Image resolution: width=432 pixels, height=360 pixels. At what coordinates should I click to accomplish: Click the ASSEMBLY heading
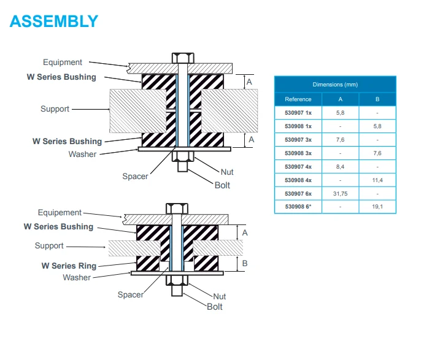(54, 21)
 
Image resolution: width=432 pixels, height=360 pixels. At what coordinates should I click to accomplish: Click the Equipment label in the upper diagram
(63, 62)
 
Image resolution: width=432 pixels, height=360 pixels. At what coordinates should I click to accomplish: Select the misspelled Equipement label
(60, 213)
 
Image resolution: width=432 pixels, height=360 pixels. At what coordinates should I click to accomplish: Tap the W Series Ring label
(69, 266)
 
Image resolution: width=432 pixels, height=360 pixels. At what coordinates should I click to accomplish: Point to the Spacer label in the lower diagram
(131, 294)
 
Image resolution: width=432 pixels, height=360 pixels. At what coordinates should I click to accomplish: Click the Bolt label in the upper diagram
(222, 185)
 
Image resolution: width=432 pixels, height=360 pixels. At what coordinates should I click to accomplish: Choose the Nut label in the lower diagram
(219, 296)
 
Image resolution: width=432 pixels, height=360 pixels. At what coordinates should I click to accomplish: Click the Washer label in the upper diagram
(82, 154)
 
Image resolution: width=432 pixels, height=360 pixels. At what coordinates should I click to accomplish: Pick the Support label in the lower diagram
(49, 246)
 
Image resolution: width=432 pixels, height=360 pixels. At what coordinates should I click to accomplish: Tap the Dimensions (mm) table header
(335, 85)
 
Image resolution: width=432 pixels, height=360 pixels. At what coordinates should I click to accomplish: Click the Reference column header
(298, 99)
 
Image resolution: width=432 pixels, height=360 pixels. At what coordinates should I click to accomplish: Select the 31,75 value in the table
(341, 193)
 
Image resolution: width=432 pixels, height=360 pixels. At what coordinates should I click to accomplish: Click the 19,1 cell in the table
(377, 207)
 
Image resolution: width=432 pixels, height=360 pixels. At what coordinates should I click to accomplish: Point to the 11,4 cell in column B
(377, 180)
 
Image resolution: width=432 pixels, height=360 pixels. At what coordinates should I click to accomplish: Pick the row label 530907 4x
(298, 166)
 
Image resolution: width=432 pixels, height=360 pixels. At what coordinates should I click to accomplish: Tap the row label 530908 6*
(298, 207)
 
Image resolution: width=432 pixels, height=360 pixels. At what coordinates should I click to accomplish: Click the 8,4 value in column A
(341, 166)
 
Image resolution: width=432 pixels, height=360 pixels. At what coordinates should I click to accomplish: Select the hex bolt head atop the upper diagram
(182, 57)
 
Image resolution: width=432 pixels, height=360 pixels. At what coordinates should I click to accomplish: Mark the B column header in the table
(377, 99)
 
